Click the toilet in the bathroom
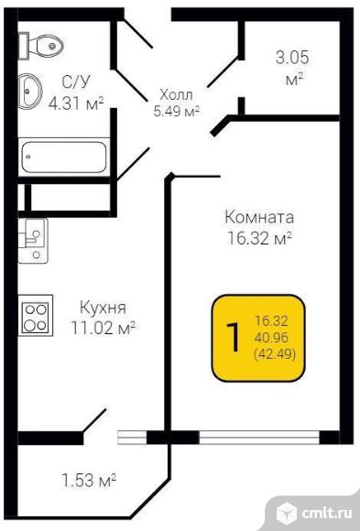coord(40,46)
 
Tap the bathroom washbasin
coord(30,92)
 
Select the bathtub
coord(64,157)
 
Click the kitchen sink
coord(33,241)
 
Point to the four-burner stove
coord(35,315)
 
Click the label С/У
coord(76,82)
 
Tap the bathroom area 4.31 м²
coord(76,103)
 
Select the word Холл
coord(176,95)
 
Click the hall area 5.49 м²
coord(176,111)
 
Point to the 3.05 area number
coord(292,58)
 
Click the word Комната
coord(259,217)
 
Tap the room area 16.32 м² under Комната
coord(259,238)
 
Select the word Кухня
coord(103,308)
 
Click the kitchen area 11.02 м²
coord(103,328)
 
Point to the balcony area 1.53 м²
coord(89,481)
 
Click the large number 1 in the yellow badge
coord(234,337)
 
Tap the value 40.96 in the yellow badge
coord(272,337)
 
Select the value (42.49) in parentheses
coord(275,354)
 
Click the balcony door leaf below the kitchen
coord(94,420)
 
